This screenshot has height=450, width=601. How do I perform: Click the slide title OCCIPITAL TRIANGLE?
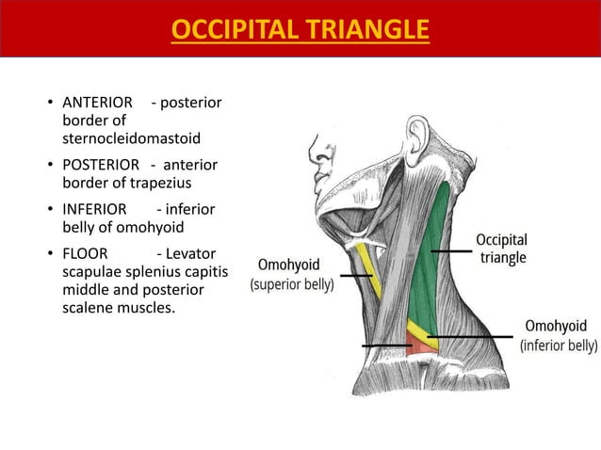[x=300, y=30]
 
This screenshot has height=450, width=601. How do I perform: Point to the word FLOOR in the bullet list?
[x=85, y=253]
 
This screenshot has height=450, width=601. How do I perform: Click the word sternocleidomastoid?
[x=131, y=138]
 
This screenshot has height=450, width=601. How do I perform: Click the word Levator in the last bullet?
[x=192, y=253]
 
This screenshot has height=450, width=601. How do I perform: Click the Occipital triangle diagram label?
[x=501, y=248]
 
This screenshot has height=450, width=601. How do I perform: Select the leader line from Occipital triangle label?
[x=450, y=251]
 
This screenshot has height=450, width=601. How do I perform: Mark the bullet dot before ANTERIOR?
[x=50, y=103]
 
